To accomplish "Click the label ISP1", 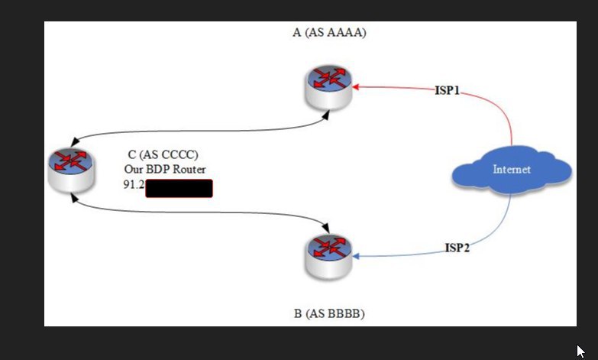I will [x=447, y=91].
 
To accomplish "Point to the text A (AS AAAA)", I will [x=329, y=33].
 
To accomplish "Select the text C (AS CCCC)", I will [x=163, y=155].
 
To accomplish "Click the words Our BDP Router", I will [x=165, y=169].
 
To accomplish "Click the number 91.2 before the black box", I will [x=134, y=185].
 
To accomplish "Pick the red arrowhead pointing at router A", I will [x=357, y=86].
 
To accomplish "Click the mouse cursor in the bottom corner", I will [x=581, y=352].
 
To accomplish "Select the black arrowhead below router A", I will [x=327, y=115].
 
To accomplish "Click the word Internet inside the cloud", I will [x=511, y=170].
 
